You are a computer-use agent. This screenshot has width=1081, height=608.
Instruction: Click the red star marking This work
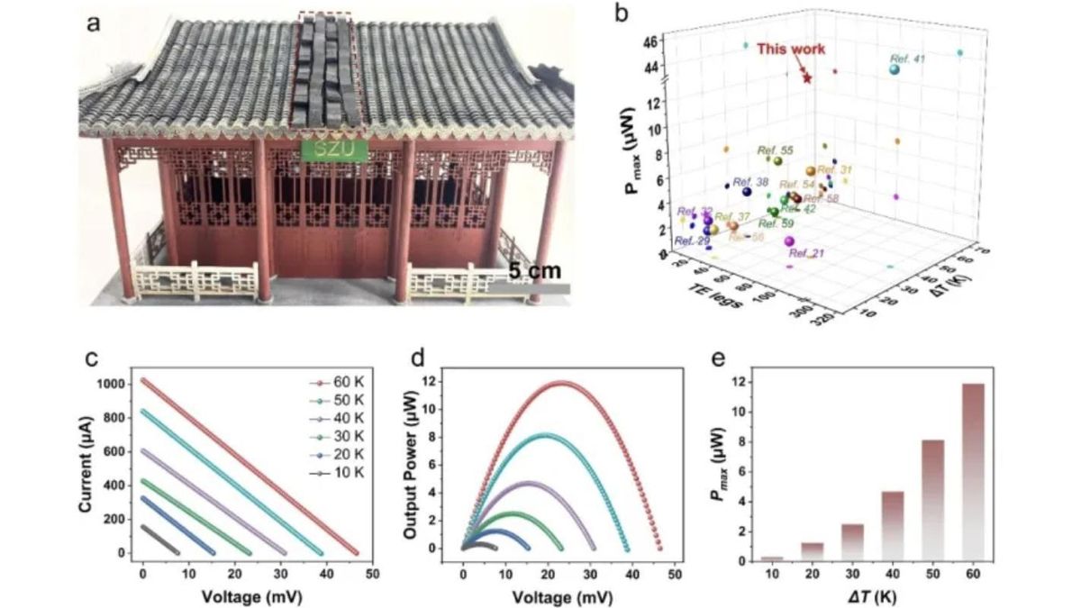[807, 79]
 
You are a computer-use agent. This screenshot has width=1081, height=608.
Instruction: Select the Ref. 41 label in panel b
[907, 59]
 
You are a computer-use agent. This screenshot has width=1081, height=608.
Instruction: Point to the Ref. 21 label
[806, 254]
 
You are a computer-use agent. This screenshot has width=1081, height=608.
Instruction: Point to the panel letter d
[416, 358]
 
